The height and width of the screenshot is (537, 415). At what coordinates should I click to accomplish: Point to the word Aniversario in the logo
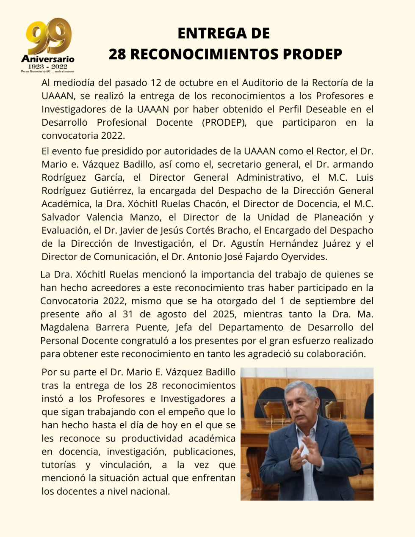[47, 59]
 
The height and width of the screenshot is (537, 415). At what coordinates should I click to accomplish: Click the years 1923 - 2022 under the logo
[47, 66]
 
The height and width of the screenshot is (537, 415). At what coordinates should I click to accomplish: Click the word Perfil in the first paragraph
[290, 109]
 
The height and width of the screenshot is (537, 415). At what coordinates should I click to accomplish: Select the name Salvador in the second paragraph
[61, 218]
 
